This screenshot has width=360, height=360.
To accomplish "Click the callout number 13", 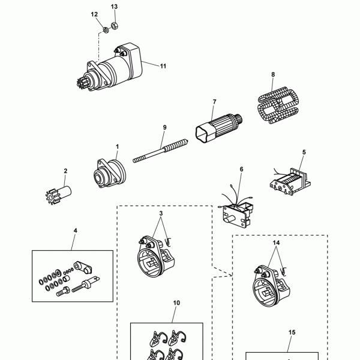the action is click(x=114, y=7).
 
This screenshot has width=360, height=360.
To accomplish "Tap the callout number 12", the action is click(x=94, y=14).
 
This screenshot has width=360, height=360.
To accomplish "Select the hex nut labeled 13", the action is click(x=115, y=25).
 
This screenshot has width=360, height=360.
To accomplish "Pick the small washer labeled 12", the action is click(x=106, y=30).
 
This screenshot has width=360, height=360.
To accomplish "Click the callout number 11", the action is click(x=163, y=66).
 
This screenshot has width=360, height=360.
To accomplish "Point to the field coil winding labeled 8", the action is click(x=278, y=105).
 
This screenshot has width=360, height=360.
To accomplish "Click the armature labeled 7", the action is click(x=219, y=128).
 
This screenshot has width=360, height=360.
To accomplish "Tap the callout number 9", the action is click(x=164, y=127).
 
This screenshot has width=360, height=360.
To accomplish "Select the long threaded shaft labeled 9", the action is click(x=160, y=151).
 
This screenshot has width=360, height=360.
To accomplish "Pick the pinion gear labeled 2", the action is click(x=58, y=194).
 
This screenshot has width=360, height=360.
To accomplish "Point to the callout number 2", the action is click(x=65, y=171).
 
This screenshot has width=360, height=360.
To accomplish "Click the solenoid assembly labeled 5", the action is click(x=290, y=182).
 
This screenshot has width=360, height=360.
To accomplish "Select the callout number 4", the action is click(x=76, y=230).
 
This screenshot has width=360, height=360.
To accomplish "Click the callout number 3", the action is click(x=161, y=213).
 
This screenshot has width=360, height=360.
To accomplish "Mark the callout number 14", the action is click(x=276, y=242).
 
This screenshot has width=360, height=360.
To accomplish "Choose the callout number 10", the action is click(x=176, y=303).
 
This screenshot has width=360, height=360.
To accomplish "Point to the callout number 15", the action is click(x=292, y=332).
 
